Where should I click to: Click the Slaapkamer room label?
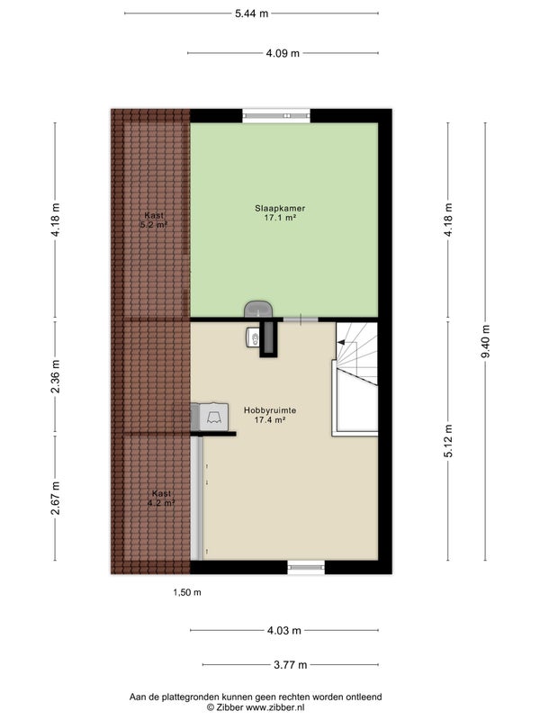(x=280, y=208)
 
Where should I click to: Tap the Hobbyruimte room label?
(x=270, y=410)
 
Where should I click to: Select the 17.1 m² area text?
(x=280, y=218)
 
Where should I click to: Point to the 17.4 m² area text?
(x=271, y=419)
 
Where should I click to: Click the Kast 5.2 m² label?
(x=155, y=220)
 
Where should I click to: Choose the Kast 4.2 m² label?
(x=162, y=499)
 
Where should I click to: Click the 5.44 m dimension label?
(x=252, y=13)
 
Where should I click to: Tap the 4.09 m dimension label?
(x=283, y=53)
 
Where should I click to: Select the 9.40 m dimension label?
(x=486, y=341)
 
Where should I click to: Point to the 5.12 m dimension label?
(x=448, y=441)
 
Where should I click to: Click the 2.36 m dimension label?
(x=55, y=376)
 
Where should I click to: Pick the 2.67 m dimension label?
(x=55, y=499)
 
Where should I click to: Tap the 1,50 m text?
(x=187, y=592)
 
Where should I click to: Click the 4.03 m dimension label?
(x=284, y=631)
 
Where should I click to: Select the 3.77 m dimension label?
(x=291, y=664)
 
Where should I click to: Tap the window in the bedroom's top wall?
(x=276, y=115)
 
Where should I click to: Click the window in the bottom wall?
(x=306, y=568)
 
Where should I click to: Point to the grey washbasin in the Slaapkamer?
(x=258, y=309)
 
